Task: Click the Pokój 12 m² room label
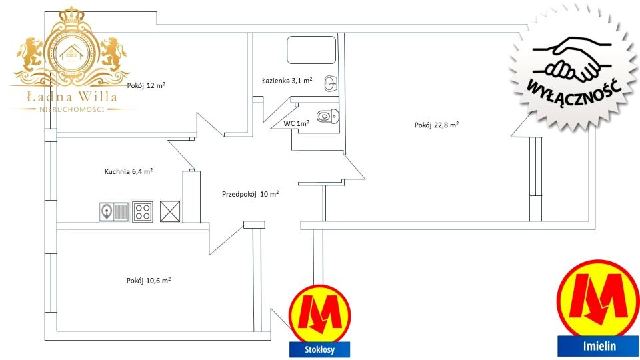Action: (146, 85)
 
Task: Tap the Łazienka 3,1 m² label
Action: (287, 81)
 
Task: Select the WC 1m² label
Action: (296, 123)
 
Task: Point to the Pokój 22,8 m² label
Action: (436, 125)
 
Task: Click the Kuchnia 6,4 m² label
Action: (129, 171)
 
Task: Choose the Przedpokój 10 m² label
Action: (250, 194)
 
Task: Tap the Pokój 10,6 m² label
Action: (149, 281)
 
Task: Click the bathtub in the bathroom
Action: (311, 50)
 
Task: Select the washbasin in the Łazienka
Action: (331, 84)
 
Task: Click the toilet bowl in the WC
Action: (328, 116)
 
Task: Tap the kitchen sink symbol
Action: (114, 212)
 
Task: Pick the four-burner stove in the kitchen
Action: (143, 212)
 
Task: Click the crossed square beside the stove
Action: (170, 211)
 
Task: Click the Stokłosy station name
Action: (319, 350)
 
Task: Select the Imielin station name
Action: (599, 346)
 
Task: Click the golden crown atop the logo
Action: (71, 15)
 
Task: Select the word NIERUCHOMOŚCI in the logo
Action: (72, 109)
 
